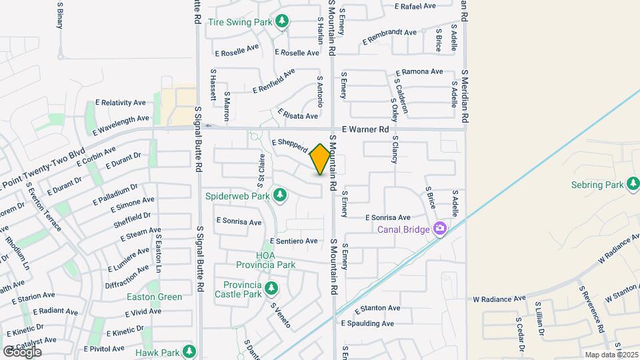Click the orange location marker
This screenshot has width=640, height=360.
(320, 159)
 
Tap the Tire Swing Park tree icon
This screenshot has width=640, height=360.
(283, 22)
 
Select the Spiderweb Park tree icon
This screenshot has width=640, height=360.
(281, 195)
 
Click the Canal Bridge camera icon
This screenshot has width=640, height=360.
(439, 229)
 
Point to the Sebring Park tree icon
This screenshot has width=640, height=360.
(632, 185)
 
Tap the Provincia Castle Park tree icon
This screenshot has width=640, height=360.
(271, 288)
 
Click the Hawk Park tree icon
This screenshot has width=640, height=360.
(189, 351)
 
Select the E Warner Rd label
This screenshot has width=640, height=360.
(365, 129)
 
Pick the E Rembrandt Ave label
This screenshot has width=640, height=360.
(389, 37)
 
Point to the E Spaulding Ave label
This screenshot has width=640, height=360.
(367, 323)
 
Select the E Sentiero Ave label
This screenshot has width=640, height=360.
(294, 241)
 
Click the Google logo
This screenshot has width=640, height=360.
(22, 351)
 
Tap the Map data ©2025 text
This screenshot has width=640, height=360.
(611, 355)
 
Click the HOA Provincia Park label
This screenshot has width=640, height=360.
(275, 260)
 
